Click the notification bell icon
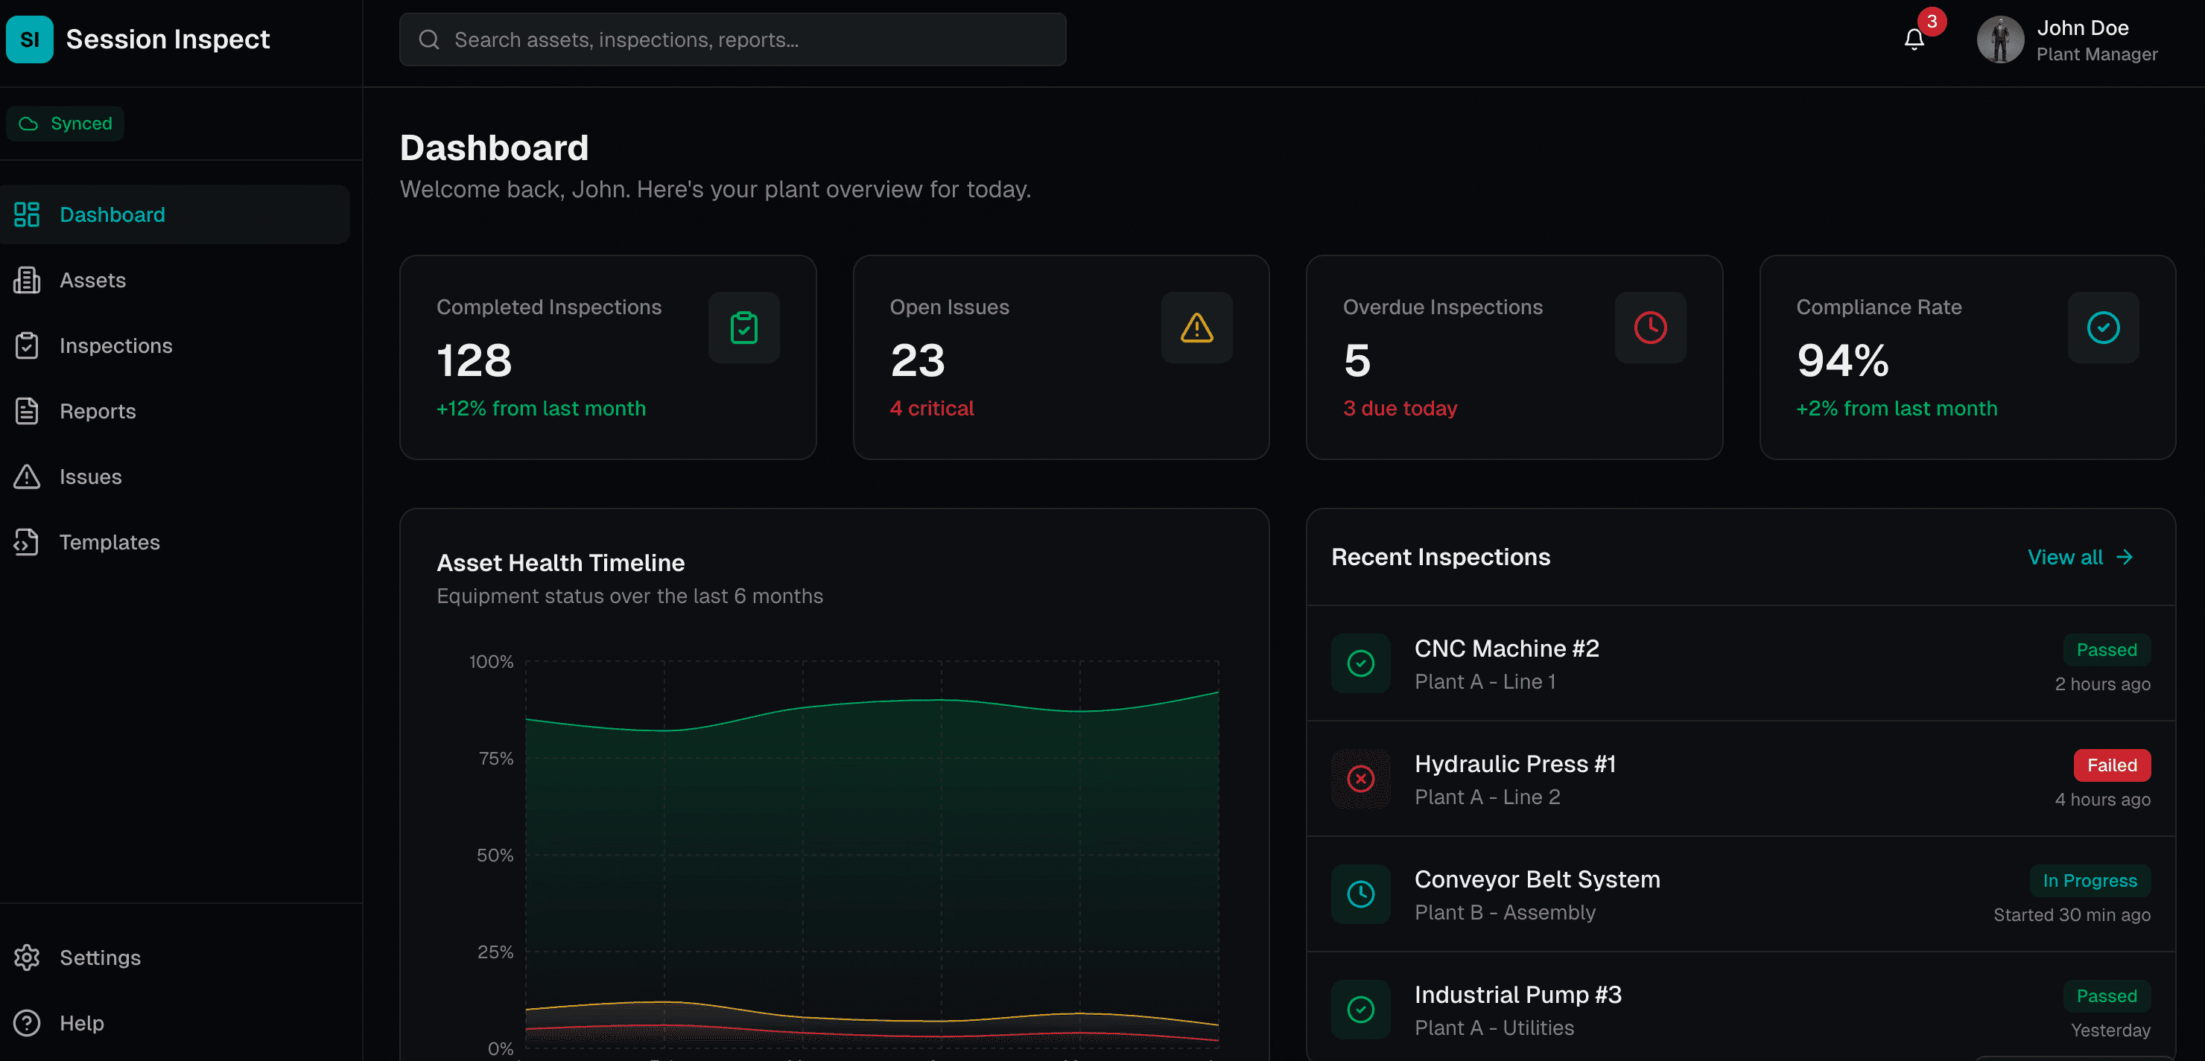pos(1914,39)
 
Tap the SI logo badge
pos(29,39)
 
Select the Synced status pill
pos(65,123)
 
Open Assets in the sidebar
pos(92,281)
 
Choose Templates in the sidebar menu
pos(109,543)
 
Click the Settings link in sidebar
pos(99,958)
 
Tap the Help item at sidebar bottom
pos(81,1023)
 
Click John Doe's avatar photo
pos(1999,39)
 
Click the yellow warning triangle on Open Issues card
pos(1196,328)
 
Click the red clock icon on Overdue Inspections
pos(1649,328)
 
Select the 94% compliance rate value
pos(1842,360)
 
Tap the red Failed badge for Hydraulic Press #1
pos(2111,765)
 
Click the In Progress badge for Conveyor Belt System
pos(2090,881)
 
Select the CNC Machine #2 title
pos(1506,649)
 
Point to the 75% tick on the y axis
pos(495,759)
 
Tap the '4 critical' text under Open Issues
pos(931,409)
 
